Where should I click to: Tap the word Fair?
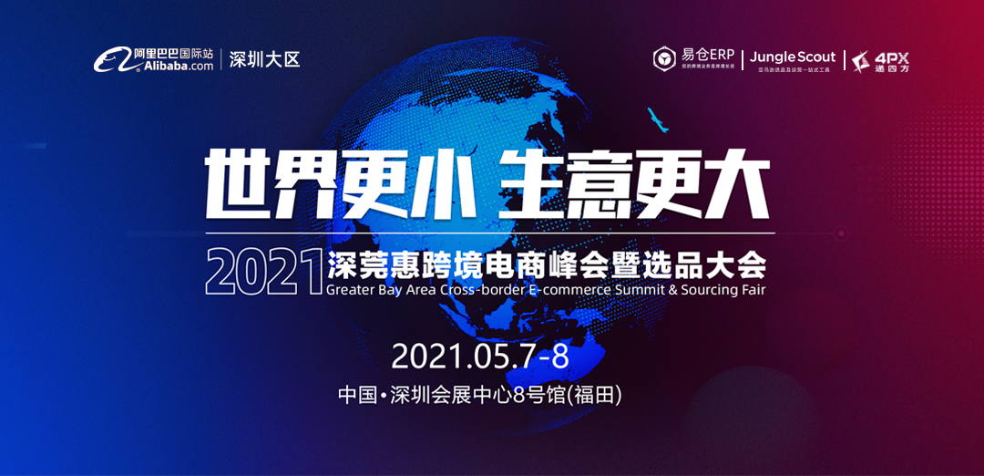point(751,290)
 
